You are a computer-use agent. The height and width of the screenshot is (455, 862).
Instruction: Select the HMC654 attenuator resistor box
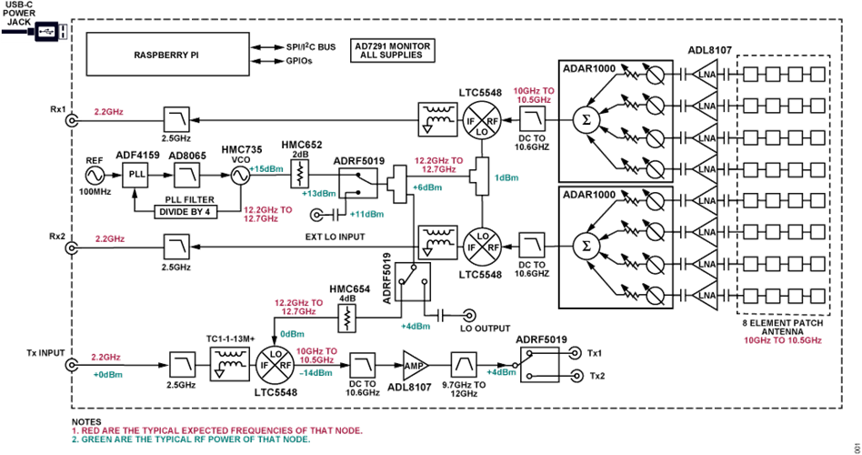click(346, 316)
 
